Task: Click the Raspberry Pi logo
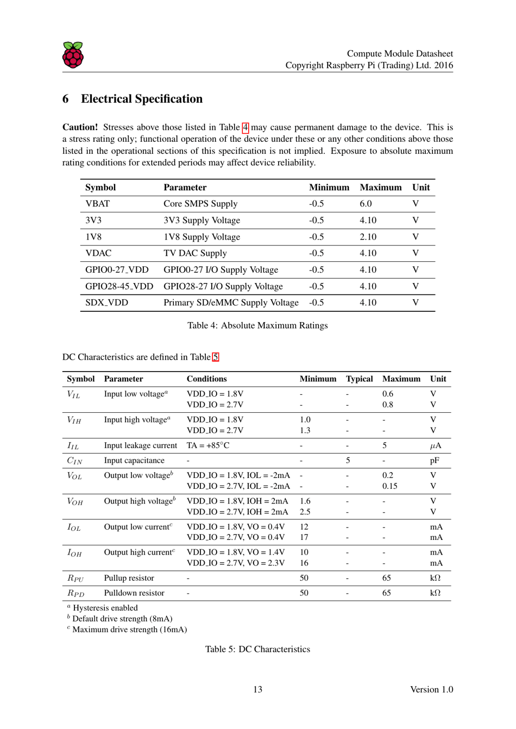pyautogui.click(x=73, y=55)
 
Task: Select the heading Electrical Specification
pyautogui.click(x=141, y=99)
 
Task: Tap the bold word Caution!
pyautogui.click(x=80, y=127)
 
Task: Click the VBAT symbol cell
pyautogui.click(x=97, y=204)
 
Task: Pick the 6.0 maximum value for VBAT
pyautogui.click(x=366, y=204)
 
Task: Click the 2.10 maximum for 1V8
pyautogui.click(x=368, y=237)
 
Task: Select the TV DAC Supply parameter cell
pyautogui.click(x=195, y=253)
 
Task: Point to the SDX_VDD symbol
pyautogui.click(x=106, y=303)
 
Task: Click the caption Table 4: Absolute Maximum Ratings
pyautogui.click(x=257, y=325)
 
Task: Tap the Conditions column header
pyautogui.click(x=206, y=379)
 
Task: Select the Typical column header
pyautogui.click(x=359, y=379)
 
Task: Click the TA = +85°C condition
pyautogui.click(x=207, y=445)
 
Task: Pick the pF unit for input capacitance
pyautogui.click(x=435, y=460)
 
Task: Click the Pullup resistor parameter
pyautogui.click(x=129, y=578)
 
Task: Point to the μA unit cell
pyautogui.click(x=436, y=445)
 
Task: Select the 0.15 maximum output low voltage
pyautogui.click(x=389, y=486)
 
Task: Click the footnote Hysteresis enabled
pyautogui.click(x=105, y=608)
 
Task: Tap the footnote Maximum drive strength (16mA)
pyautogui.click(x=129, y=630)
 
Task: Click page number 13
pyautogui.click(x=257, y=689)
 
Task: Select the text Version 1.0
pyautogui.click(x=431, y=689)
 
